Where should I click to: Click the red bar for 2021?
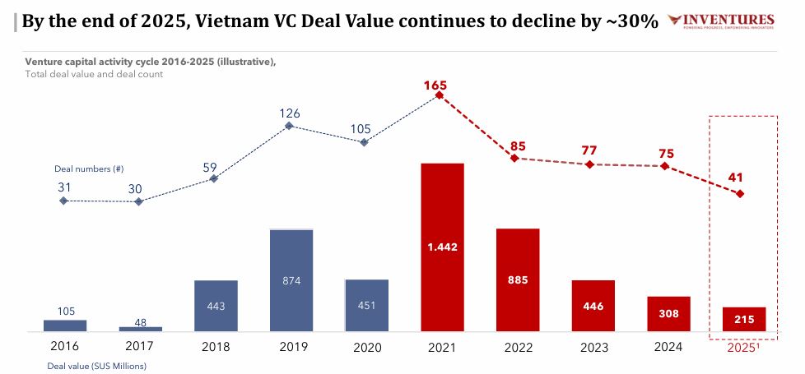(442, 247)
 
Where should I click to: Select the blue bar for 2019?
(291, 280)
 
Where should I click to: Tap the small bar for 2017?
(140, 329)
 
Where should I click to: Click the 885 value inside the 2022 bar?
(518, 279)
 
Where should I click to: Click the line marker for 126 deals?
(290, 126)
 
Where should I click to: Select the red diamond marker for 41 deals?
(740, 194)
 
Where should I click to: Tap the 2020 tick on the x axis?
(366, 348)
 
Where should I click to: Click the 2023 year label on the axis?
(593, 348)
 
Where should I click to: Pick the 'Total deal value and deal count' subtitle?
(93, 74)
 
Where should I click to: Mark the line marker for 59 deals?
(214, 178)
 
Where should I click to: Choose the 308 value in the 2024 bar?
(668, 313)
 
